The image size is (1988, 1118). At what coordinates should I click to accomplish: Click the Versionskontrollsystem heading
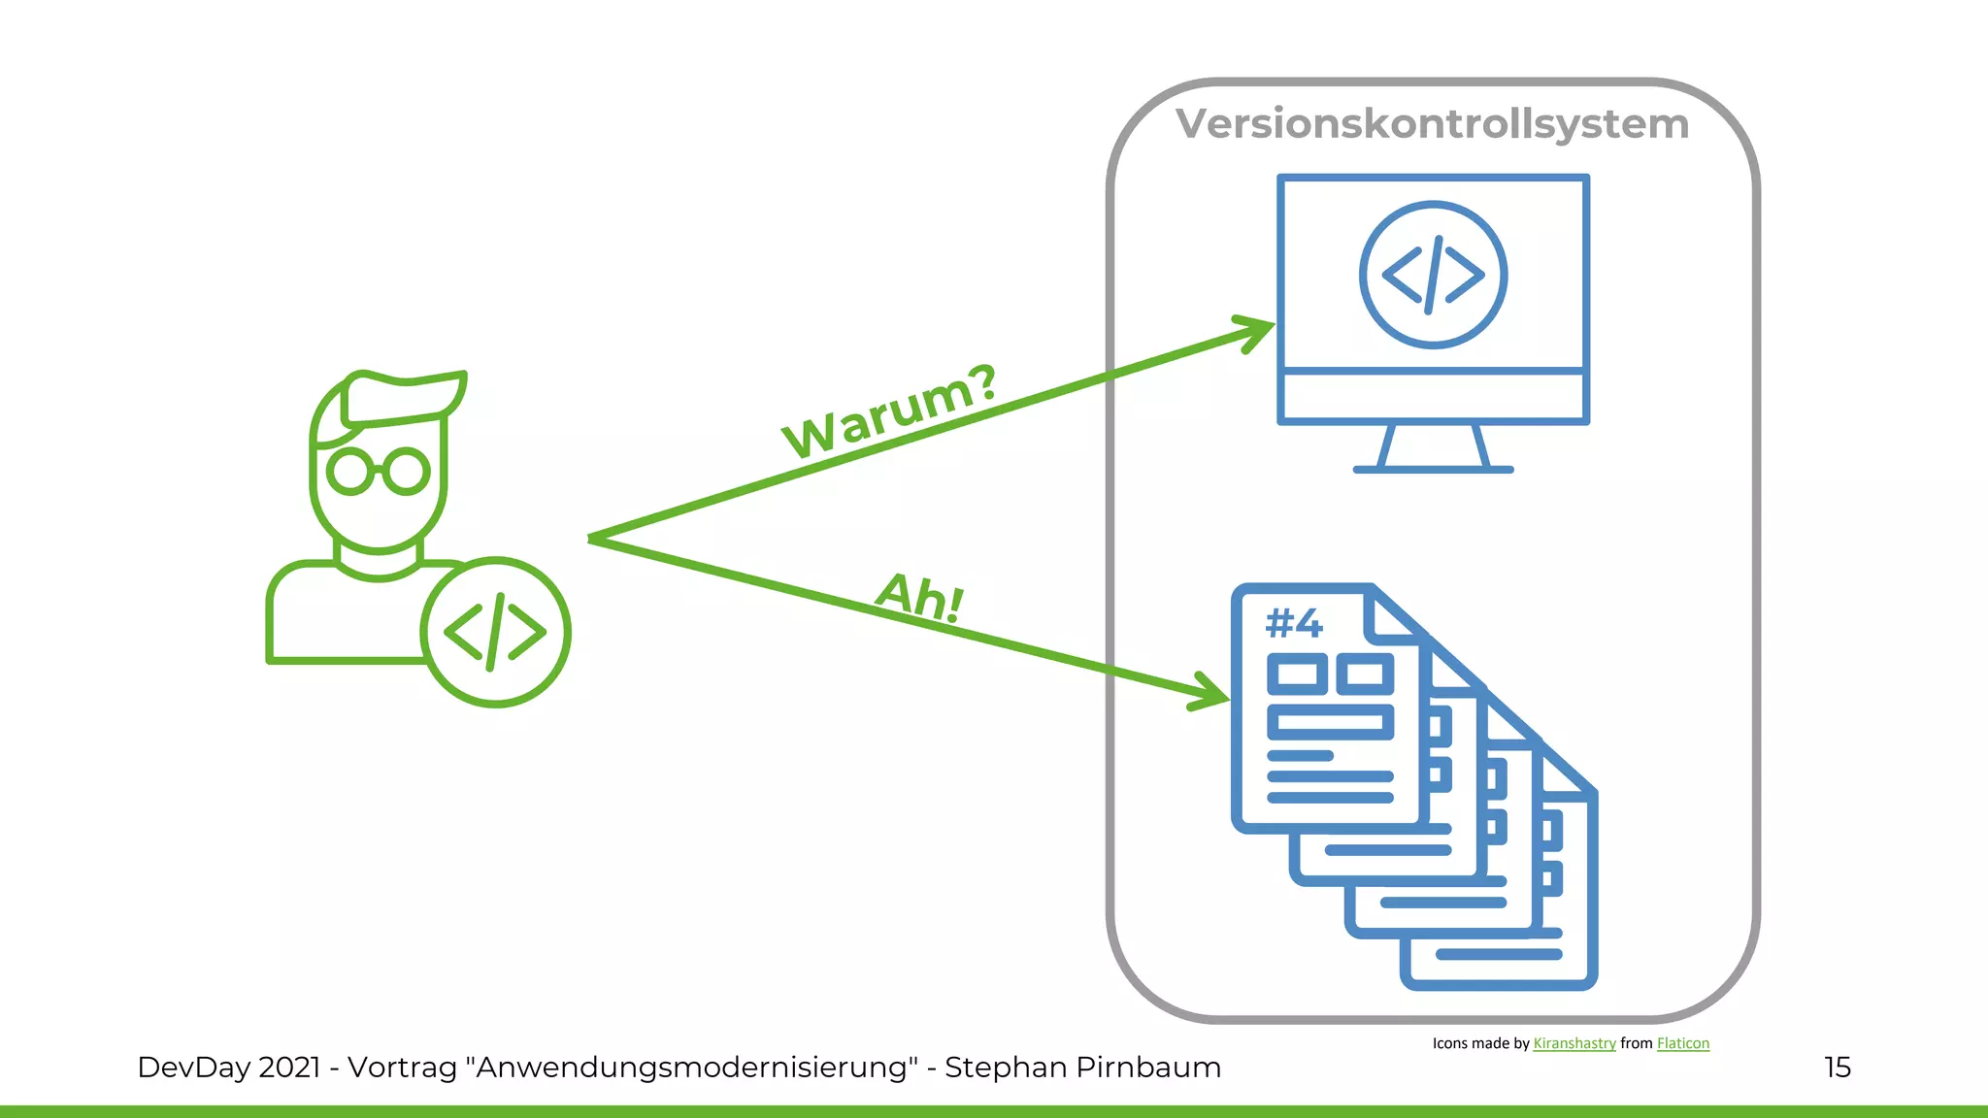pyautogui.click(x=1432, y=124)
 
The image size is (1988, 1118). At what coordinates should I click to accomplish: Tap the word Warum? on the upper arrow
pyautogui.click(x=890, y=411)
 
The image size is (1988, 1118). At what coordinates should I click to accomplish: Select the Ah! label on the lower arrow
pyautogui.click(x=919, y=597)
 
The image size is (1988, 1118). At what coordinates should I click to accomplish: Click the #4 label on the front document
pyautogui.click(x=1294, y=623)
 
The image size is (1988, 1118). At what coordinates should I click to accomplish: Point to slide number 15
pyautogui.click(x=1837, y=1068)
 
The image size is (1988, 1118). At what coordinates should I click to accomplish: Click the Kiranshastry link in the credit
pyautogui.click(x=1574, y=1043)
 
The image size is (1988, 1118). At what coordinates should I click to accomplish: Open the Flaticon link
pyautogui.click(x=1682, y=1043)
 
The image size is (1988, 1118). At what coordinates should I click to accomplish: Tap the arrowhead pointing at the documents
pyautogui.click(x=1213, y=693)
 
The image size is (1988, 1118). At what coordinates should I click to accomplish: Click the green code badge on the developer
pyautogui.click(x=495, y=632)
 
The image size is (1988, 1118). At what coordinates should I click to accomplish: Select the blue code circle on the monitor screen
pyautogui.click(x=1433, y=275)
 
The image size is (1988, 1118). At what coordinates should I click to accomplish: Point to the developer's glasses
pyautogui.click(x=378, y=472)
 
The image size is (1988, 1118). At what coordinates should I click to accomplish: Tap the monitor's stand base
pyautogui.click(x=1433, y=469)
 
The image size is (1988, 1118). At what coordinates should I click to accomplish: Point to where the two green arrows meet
pyautogui.click(x=592, y=538)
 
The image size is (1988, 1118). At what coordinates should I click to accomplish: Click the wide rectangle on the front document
pyautogui.click(x=1330, y=722)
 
